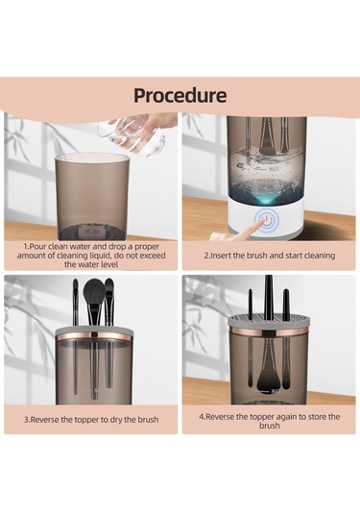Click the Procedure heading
tap(180, 95)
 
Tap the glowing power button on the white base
tap(267, 220)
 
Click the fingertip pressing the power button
tap(260, 223)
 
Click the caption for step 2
tap(269, 256)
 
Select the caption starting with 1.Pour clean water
tap(91, 256)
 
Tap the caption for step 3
tap(91, 419)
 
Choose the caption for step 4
tap(269, 421)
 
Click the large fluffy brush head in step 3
tap(94, 292)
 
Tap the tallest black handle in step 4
tap(269, 296)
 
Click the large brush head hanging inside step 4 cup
tap(266, 379)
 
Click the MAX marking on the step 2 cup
tap(274, 169)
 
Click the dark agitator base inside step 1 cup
tap(92, 232)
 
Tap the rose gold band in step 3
tap(94, 336)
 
